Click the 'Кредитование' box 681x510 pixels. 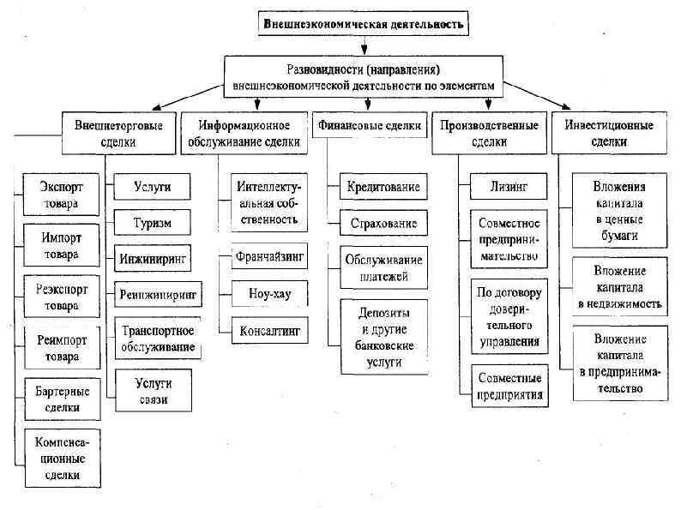coord(377,186)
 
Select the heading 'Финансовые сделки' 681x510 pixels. coord(370,126)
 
